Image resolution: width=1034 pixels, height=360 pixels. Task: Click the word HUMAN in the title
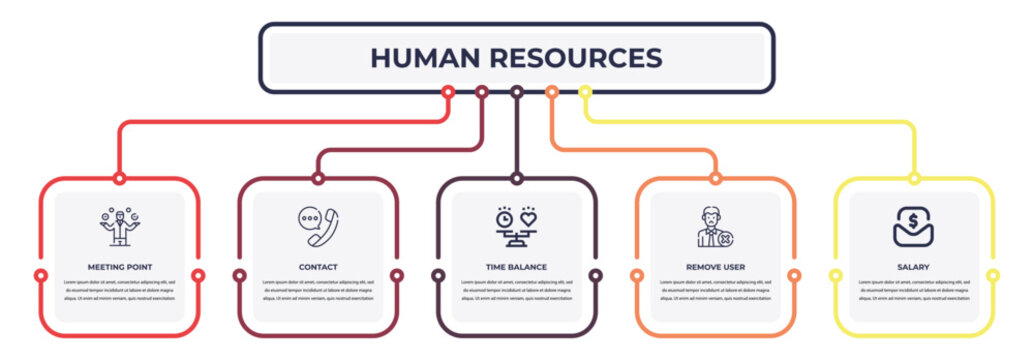422,58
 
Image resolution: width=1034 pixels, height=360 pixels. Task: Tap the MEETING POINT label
120,268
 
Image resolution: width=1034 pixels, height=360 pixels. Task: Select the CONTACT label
318,268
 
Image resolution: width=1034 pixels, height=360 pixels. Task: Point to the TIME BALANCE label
517,268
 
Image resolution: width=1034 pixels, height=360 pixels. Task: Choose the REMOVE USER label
716,268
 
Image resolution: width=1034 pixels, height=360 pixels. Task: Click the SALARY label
914,268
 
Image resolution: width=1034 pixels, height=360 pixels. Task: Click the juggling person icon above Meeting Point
120,227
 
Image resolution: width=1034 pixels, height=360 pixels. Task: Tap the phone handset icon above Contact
318,227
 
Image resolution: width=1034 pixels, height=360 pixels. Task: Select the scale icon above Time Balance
517,227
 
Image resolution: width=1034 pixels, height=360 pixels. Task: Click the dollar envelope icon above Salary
914,227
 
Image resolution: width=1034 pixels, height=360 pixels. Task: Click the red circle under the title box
448,92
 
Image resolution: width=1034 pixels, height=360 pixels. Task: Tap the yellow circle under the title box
586,92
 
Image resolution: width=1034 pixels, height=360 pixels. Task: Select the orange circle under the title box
551,92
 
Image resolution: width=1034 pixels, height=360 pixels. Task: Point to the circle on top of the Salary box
914,179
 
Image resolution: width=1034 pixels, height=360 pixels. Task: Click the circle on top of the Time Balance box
517,179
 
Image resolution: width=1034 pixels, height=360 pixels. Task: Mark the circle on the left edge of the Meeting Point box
41,275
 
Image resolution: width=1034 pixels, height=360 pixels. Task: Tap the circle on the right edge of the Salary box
993,275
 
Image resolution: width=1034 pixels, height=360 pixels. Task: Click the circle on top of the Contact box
318,179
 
